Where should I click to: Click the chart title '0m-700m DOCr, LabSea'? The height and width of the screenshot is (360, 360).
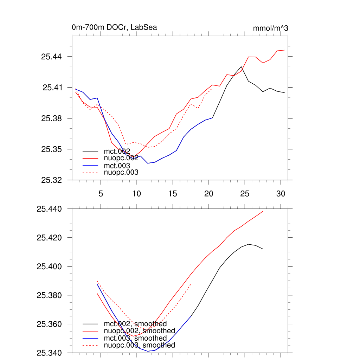pyautogui.click(x=114, y=27)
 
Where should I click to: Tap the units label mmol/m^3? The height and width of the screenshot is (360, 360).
pyautogui.click(x=270, y=28)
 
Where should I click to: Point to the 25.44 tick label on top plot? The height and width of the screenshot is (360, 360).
pyautogui.click(x=52, y=57)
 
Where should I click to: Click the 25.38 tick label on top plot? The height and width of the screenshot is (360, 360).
pyautogui.click(x=52, y=118)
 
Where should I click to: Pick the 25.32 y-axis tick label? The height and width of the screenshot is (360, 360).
pyautogui.click(x=52, y=180)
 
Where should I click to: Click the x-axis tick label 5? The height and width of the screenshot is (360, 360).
pyautogui.click(x=101, y=194)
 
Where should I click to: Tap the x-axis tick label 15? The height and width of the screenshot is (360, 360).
pyautogui.click(x=173, y=194)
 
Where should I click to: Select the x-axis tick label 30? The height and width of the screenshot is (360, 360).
pyautogui.click(x=281, y=194)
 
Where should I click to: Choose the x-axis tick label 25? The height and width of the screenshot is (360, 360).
pyautogui.click(x=245, y=194)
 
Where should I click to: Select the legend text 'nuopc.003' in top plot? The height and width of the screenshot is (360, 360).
pyautogui.click(x=121, y=172)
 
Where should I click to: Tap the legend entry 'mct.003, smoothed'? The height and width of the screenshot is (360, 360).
pyautogui.click(x=135, y=338)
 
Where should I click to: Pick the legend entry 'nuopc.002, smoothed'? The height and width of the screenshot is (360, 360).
pyautogui.click(x=140, y=331)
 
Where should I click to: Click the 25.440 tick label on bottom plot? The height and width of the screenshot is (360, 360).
pyautogui.click(x=50, y=209)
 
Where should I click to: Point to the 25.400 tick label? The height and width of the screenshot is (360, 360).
pyautogui.click(x=50, y=266)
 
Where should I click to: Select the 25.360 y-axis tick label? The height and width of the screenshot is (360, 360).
pyautogui.click(x=50, y=324)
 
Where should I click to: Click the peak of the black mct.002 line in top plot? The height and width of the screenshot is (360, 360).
pyautogui.click(x=241, y=66)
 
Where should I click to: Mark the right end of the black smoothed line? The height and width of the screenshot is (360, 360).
pyautogui.click(x=263, y=249)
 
